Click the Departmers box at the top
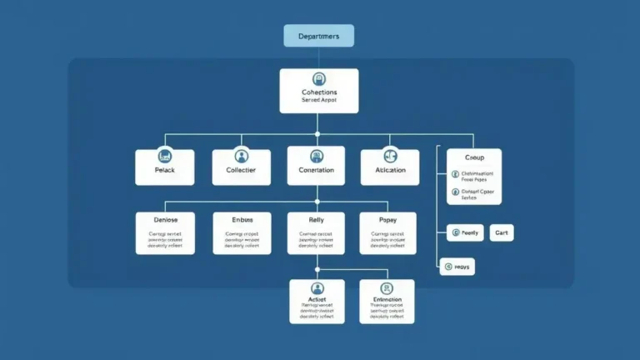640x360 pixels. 318,36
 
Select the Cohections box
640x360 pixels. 318,91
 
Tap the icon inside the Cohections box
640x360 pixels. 318,79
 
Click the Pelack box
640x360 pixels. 165,167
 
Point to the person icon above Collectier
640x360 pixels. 242,156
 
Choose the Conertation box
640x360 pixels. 317,167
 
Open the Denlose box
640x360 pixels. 165,233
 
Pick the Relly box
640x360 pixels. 317,233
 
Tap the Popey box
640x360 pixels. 387,233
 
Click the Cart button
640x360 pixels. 501,233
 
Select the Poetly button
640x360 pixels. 465,233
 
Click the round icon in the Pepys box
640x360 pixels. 448,267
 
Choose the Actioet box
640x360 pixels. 317,302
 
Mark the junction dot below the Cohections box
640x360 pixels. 317,132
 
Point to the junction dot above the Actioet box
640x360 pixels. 317,268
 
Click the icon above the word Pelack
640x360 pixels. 165,156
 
